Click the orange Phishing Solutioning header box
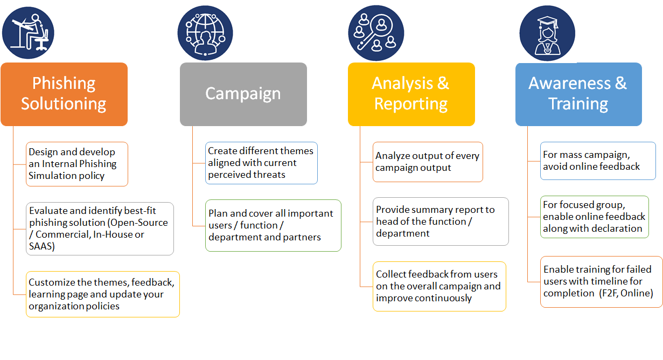click(64, 94)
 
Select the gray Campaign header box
click(243, 94)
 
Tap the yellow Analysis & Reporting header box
click(411, 94)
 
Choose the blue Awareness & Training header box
click(578, 94)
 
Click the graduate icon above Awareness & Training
click(547, 33)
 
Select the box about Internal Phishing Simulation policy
click(77, 164)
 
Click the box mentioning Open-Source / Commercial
click(100, 229)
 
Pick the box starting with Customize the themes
click(102, 294)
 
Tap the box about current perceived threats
click(261, 163)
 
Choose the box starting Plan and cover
click(273, 225)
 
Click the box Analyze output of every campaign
click(428, 162)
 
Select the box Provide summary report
click(440, 221)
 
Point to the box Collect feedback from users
click(439, 286)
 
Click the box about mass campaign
click(598, 161)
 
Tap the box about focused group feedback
click(595, 217)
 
